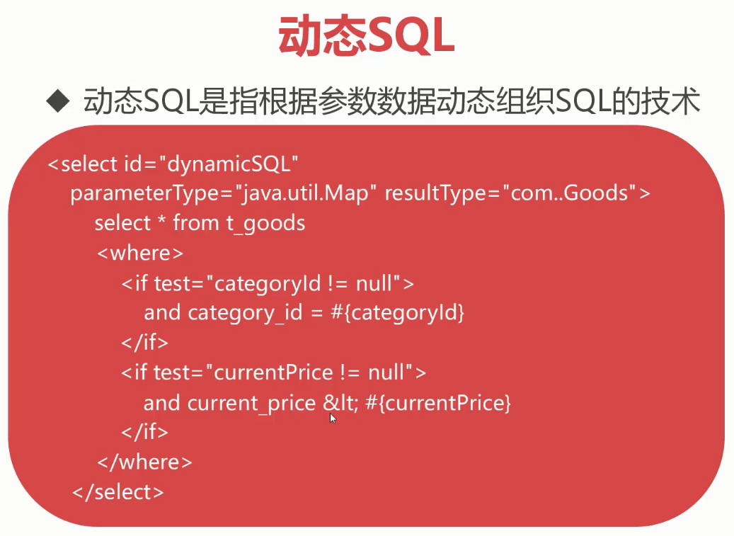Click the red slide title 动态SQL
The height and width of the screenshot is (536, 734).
pos(366,37)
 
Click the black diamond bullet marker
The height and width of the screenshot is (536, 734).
pos(58,101)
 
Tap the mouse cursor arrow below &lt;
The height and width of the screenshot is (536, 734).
pos(333,418)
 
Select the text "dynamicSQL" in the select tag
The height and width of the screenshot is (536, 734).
pos(229,164)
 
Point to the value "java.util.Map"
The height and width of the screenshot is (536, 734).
pos(305,193)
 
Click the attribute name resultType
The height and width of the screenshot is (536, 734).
pos(435,193)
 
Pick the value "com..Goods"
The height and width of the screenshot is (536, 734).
pos(569,193)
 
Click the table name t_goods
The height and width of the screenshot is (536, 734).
pos(265,223)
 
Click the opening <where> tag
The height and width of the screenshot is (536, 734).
pos(140,253)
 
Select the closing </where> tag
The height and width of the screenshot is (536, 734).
pos(144,462)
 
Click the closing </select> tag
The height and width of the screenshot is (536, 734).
pos(118,492)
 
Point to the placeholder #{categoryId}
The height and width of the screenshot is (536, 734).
pos(397,313)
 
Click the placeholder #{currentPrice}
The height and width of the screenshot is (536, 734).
pos(437,403)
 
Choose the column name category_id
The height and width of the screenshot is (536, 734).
pos(245,313)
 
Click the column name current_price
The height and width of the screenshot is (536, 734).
pos(251,404)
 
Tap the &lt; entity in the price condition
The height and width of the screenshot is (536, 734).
pos(340,403)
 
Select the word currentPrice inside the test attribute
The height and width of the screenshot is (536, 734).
pos(273,373)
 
